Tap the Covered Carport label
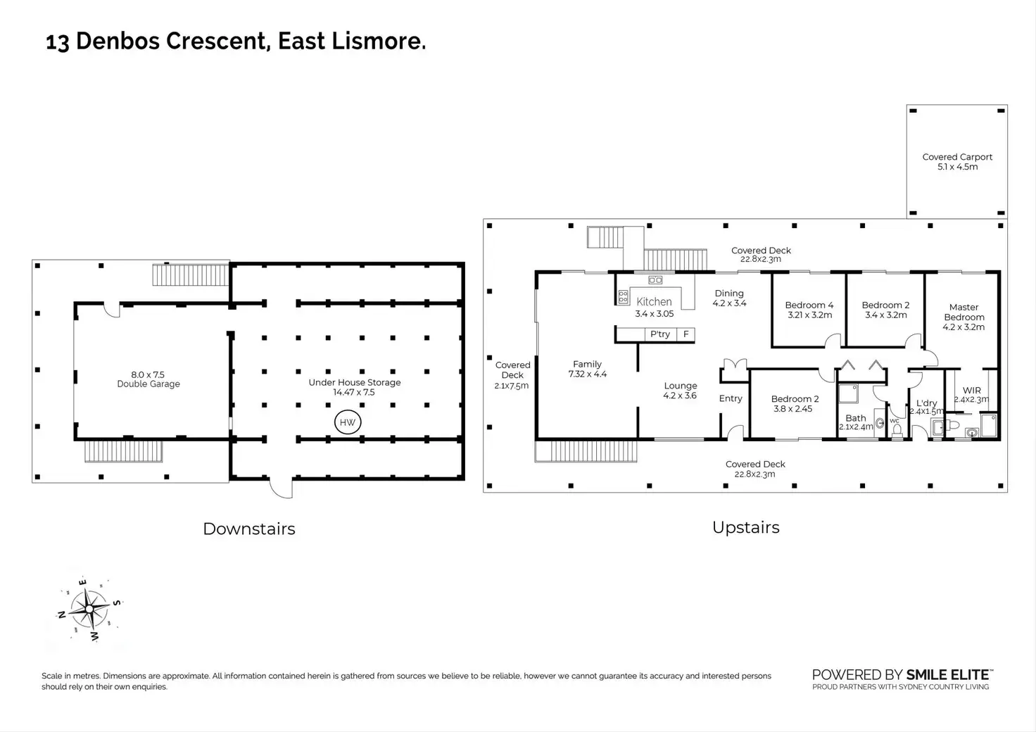click(957, 157)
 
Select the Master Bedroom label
click(964, 312)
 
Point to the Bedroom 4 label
click(809, 305)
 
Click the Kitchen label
click(654, 301)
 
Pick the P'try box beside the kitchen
click(660, 334)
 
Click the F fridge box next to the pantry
click(686, 334)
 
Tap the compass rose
click(89, 610)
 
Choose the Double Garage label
click(149, 384)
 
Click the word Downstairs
click(249, 529)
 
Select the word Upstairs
click(745, 528)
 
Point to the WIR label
click(972, 390)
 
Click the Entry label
click(731, 398)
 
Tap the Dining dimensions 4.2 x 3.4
click(729, 303)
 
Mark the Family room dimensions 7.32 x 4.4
click(588, 374)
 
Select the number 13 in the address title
click(58, 42)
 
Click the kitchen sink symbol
click(655, 279)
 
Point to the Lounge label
click(681, 386)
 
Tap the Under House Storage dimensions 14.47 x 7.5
click(354, 393)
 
